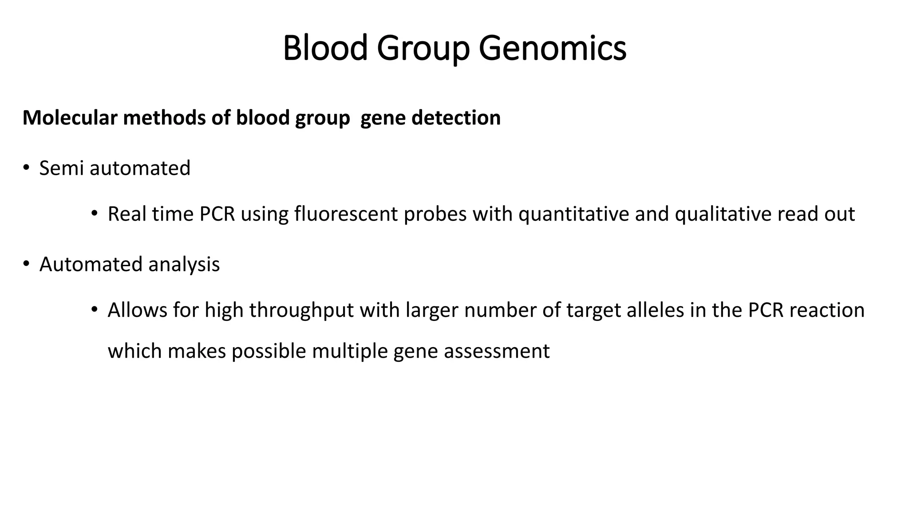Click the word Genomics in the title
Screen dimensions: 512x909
(x=552, y=48)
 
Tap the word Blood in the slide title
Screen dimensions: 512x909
(x=325, y=48)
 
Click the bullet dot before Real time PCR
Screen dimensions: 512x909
(x=94, y=214)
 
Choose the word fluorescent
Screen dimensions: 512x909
(x=346, y=214)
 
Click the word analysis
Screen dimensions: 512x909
(x=184, y=264)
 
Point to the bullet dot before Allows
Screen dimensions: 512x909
(x=94, y=310)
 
